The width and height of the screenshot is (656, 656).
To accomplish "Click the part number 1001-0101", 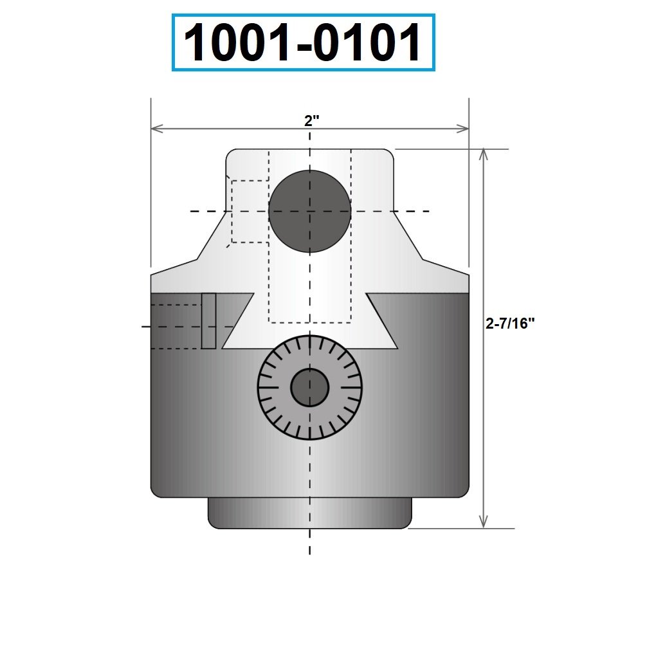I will click(303, 42).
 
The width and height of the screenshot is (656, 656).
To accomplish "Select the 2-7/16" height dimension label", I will click(510, 323).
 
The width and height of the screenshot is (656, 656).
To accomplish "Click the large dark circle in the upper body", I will click(309, 211).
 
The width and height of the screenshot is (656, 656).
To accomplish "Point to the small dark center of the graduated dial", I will click(309, 387).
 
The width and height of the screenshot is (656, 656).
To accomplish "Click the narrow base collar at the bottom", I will click(309, 513).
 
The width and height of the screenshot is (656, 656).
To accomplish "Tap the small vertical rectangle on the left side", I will click(208, 320).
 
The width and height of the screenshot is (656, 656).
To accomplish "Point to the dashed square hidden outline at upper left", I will click(250, 212).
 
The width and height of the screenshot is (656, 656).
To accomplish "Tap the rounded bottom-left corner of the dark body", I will click(155, 492).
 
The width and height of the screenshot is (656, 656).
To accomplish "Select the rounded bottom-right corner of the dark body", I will click(464, 492).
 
